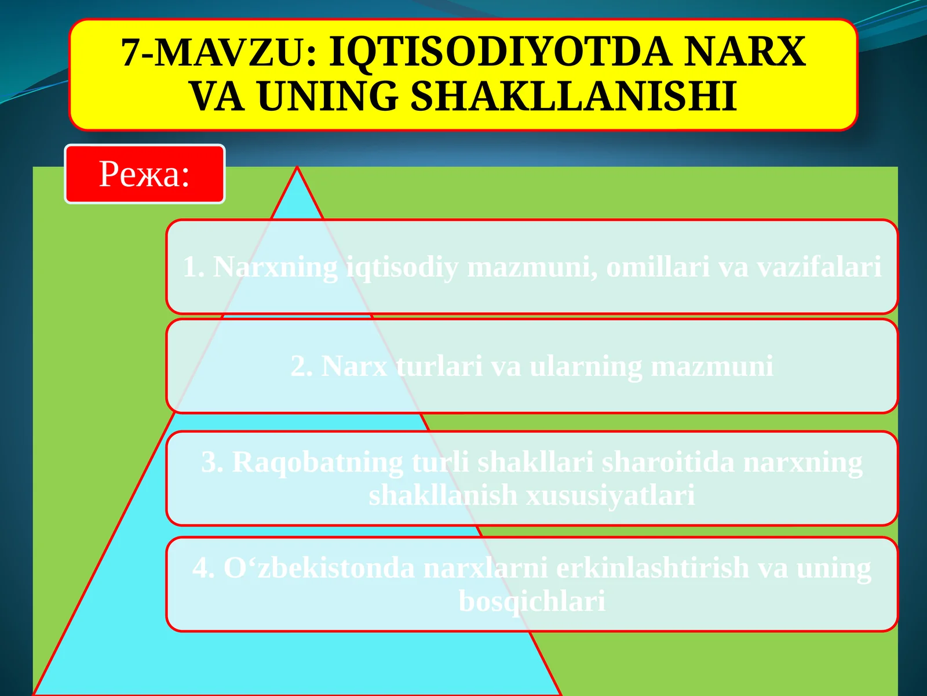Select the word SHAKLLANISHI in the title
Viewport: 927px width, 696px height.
[x=574, y=96]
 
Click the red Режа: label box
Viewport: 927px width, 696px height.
[x=144, y=174]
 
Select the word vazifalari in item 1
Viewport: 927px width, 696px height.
[x=819, y=267]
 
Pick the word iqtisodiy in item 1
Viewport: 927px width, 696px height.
[x=402, y=268]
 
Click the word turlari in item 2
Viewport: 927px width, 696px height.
[x=439, y=367]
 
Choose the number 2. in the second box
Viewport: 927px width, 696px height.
[x=302, y=367]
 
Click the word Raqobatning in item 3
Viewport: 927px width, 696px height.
[x=317, y=463]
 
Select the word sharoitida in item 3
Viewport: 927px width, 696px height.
[x=668, y=463]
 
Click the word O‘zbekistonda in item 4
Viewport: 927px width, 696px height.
[x=319, y=568]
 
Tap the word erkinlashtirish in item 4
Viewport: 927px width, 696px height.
[x=652, y=568]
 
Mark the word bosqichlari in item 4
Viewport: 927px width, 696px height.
[x=532, y=601]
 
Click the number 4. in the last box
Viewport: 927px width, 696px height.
[x=204, y=568]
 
